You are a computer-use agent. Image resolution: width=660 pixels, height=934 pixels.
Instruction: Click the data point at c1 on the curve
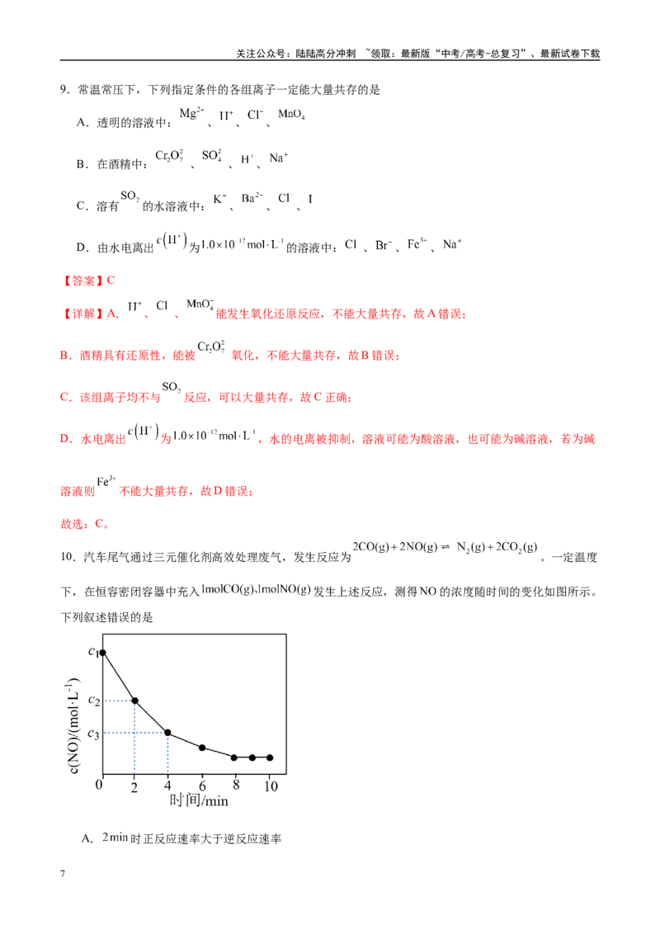tap(103, 653)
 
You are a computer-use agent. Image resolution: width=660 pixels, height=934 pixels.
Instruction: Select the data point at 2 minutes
tap(135, 700)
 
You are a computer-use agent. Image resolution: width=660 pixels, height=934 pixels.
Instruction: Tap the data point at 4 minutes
tap(168, 733)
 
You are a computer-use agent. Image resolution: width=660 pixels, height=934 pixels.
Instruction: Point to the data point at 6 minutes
tap(202, 748)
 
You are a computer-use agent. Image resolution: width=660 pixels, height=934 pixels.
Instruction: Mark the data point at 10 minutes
tap(271, 757)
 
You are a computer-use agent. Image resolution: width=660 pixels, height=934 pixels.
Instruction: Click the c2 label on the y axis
tap(93, 700)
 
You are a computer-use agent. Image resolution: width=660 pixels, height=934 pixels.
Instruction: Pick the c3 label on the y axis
tap(93, 734)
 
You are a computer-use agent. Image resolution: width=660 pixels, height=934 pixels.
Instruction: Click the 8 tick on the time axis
tap(237, 785)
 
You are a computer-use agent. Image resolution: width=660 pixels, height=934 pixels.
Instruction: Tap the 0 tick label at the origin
tap(99, 785)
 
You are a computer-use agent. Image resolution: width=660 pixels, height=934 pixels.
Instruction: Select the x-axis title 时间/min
tap(199, 800)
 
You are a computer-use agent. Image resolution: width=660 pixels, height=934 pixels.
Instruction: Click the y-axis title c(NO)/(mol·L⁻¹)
tap(73, 725)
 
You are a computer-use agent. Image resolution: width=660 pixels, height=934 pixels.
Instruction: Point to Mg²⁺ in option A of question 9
tap(191, 113)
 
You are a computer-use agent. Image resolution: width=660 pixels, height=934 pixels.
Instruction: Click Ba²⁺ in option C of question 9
tap(252, 198)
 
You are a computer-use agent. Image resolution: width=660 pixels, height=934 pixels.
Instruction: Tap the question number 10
tap(68, 557)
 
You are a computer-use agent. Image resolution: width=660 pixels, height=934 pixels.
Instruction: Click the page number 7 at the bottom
tap(63, 874)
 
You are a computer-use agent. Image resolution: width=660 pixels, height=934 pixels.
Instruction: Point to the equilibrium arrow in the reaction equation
tap(446, 547)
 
